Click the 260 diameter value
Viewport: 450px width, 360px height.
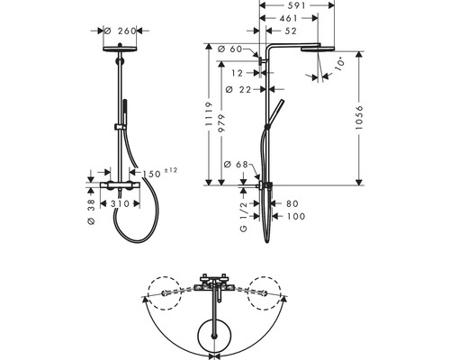pos(127,31)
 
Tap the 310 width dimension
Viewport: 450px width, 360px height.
pos(119,204)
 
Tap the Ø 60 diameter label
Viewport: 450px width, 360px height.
pos(235,49)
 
